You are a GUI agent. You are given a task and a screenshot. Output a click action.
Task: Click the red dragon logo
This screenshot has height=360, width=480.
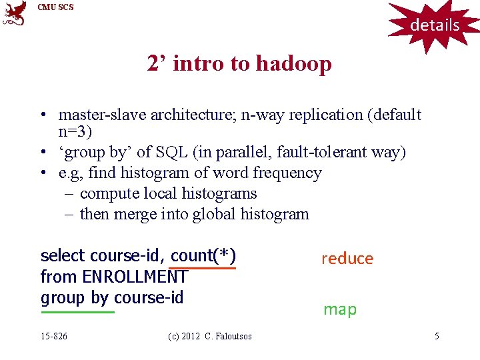pyautogui.click(x=15, y=13)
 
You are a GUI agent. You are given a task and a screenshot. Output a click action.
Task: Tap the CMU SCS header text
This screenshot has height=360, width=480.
pyautogui.click(x=56, y=7)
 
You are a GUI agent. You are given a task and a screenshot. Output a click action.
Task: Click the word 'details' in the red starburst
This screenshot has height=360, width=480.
pyautogui.click(x=435, y=25)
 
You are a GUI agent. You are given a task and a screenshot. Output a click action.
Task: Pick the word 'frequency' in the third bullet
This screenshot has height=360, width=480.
pyautogui.click(x=290, y=173)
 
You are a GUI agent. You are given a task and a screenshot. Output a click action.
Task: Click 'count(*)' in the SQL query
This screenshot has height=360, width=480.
pyautogui.click(x=203, y=256)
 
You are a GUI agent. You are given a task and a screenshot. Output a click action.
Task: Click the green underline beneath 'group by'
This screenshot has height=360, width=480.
pyautogui.click(x=77, y=311)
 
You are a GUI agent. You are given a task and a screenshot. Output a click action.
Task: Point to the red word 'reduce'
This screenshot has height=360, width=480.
pyautogui.click(x=347, y=259)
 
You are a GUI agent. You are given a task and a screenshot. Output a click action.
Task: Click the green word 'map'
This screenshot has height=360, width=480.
pyautogui.click(x=340, y=309)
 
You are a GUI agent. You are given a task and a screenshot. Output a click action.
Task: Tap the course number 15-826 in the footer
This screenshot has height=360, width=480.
pyautogui.click(x=54, y=336)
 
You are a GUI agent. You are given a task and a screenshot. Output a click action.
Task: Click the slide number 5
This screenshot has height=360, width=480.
pyautogui.click(x=437, y=336)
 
